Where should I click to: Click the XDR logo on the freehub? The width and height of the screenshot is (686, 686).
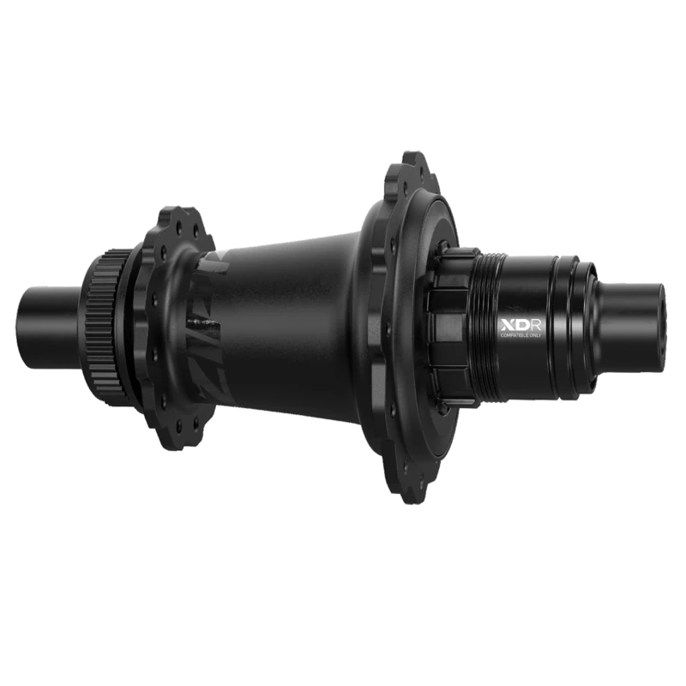[x=516, y=327]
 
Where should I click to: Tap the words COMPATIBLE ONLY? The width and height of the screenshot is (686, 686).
[x=519, y=338]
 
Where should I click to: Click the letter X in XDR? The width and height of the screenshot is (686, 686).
[x=506, y=327]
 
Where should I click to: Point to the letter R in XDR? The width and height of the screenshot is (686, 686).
[x=528, y=327]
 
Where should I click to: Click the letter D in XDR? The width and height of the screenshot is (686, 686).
[x=517, y=327]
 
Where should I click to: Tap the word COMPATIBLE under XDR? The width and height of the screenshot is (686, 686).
[x=513, y=338]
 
